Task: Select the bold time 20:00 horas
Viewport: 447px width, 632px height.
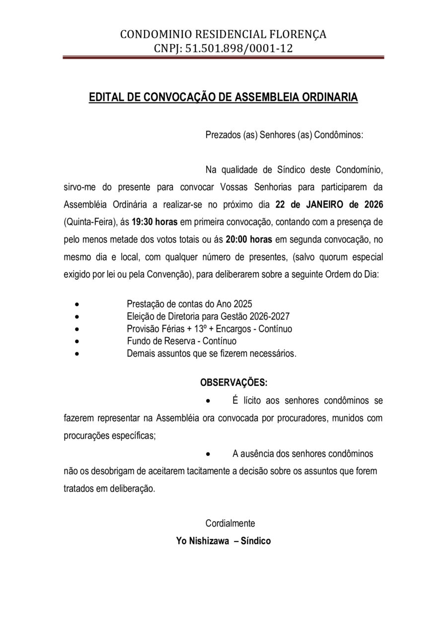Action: pos(248,239)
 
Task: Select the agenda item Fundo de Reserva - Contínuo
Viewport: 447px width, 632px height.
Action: pos(181,341)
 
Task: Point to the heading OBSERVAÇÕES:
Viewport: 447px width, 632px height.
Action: pos(233,383)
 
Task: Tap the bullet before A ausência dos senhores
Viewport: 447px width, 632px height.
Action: pos(209,454)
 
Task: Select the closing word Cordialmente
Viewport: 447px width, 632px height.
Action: pos(230,523)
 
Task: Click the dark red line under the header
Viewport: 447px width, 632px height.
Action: pos(223,59)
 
